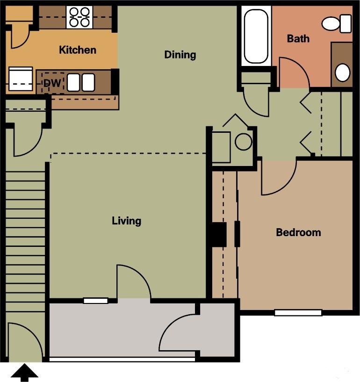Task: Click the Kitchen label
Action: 78,50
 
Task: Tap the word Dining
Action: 180,55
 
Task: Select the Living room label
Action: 126,221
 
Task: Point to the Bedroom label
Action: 298,232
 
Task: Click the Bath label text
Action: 298,38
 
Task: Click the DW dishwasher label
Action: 53,83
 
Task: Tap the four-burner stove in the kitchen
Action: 79,17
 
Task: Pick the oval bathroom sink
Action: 343,72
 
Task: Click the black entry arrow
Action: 24,373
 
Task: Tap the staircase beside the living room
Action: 26,234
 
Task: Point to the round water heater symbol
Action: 244,142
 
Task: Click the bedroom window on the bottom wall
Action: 298,312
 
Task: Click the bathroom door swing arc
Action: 293,72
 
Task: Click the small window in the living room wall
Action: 95,301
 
